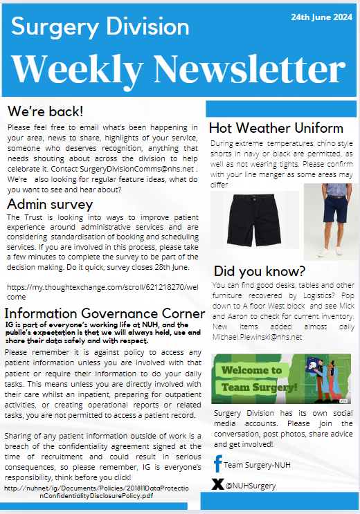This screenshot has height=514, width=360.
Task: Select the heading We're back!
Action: (44, 111)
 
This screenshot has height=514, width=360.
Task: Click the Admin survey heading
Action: (49, 205)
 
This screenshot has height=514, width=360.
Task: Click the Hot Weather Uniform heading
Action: (276, 128)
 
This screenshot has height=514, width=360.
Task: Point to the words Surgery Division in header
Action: (100, 28)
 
